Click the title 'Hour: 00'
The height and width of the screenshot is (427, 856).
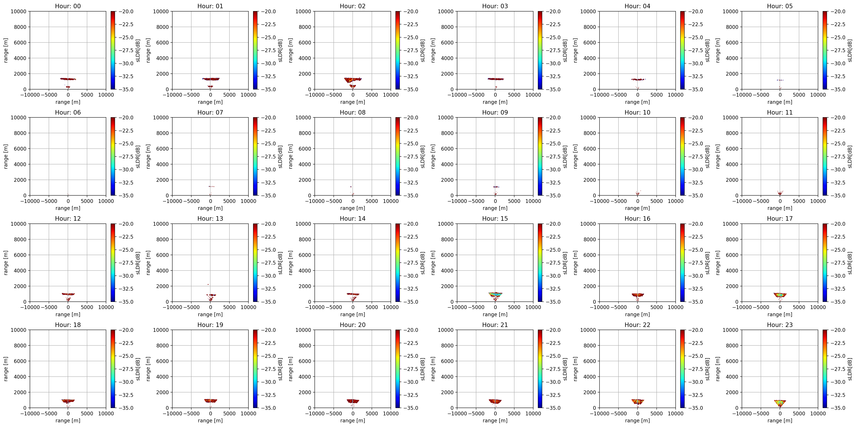click(68, 6)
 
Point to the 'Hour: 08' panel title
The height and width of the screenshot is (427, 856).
click(353, 112)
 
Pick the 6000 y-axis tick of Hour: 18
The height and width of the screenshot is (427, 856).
click(20, 361)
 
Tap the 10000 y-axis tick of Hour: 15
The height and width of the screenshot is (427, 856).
click(446, 224)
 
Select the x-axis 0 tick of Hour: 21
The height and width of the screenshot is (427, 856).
click(495, 413)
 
